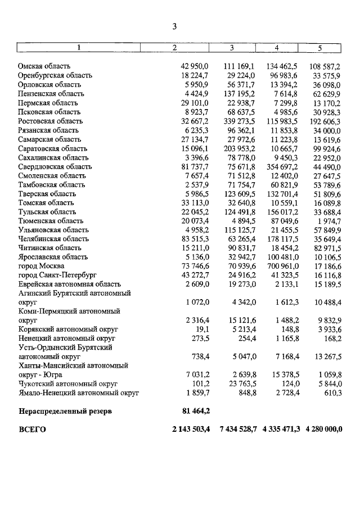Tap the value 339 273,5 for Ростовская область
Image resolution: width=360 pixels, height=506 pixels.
(x=239, y=121)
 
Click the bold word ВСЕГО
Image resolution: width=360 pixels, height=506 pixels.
(x=32, y=430)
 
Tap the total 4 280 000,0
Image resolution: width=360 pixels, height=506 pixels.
(x=325, y=430)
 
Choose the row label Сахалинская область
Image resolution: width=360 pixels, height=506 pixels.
(x=53, y=157)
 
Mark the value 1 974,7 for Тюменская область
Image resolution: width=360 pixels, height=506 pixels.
(x=328, y=221)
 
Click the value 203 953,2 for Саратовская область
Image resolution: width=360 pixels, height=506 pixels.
(x=239, y=148)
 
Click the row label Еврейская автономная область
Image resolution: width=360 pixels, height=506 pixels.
(x=69, y=284)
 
